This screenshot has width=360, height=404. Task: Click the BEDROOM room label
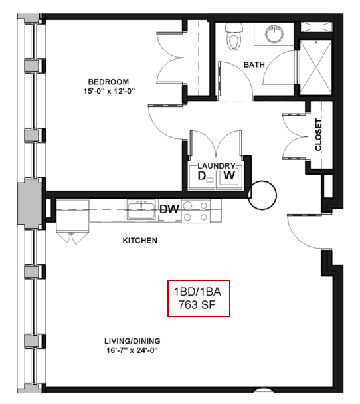108,82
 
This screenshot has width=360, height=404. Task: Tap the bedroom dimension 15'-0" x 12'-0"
109,91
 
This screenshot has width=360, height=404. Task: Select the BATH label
254,64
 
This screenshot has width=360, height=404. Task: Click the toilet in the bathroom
234,37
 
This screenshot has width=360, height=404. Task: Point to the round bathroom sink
274,33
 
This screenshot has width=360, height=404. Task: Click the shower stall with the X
316,68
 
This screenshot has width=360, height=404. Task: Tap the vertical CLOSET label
319,134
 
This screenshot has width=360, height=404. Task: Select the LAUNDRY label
217,166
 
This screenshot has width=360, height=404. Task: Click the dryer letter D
202,176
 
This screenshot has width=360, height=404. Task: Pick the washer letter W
229,175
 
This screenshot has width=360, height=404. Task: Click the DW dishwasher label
169,209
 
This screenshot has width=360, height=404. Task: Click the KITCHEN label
140,241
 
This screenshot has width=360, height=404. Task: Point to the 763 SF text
197,305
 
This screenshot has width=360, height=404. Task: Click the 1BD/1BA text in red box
197,292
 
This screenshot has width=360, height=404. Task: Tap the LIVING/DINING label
132,341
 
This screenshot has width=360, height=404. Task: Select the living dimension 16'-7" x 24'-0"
132,350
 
